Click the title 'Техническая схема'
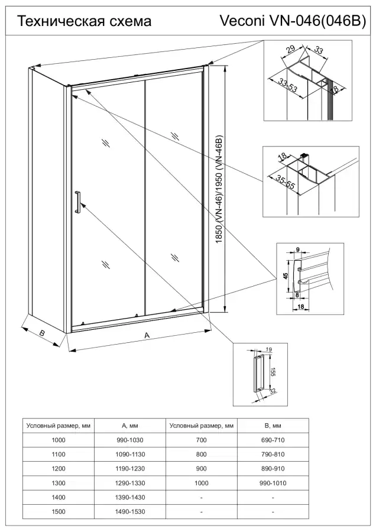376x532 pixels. pyautogui.click(x=85, y=22)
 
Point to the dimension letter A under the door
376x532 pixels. pyautogui.click(x=147, y=335)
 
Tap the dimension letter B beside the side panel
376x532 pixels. pyautogui.click(x=42, y=333)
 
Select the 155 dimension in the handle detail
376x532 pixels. pyautogui.click(x=274, y=371)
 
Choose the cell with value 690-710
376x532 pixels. pyautogui.click(x=273, y=440)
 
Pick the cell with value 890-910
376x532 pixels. pyautogui.click(x=273, y=469)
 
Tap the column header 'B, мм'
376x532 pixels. pyautogui.click(x=273, y=426)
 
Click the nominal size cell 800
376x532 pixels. pyautogui.click(x=202, y=455)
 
